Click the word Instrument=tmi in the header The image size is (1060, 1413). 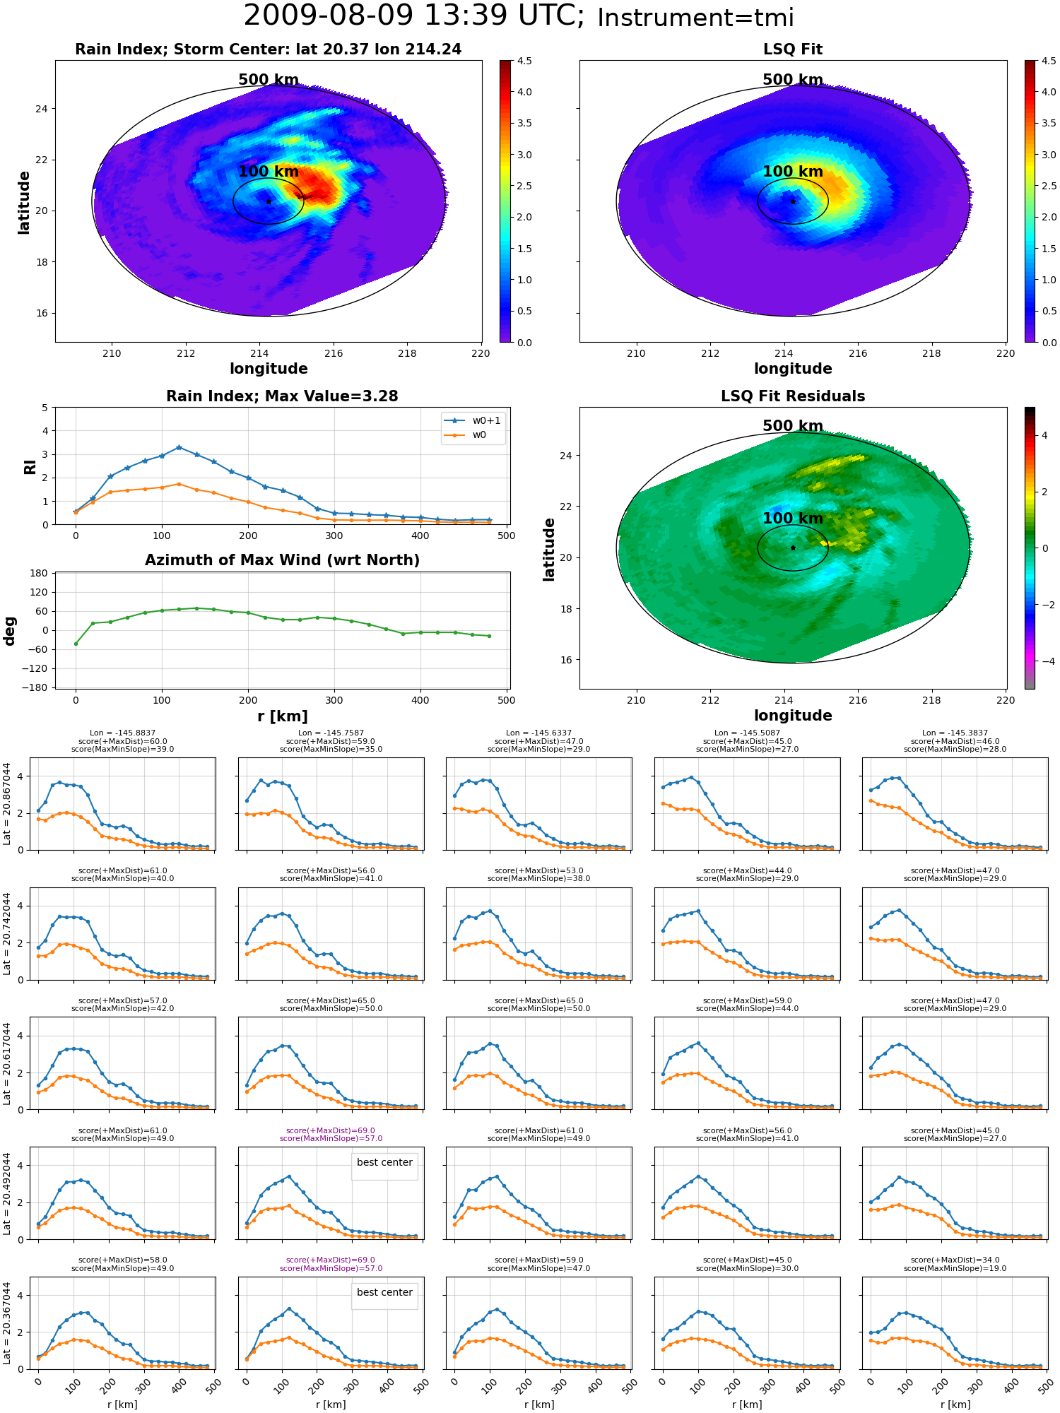point(695,18)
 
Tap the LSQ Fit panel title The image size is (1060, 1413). point(793,49)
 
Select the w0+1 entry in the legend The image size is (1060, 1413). point(472,420)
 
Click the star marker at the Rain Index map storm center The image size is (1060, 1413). point(269,201)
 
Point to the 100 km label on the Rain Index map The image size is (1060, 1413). point(269,172)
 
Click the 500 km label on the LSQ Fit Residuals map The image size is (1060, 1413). point(793,426)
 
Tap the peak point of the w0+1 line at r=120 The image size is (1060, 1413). point(179,447)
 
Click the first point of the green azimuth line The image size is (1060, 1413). point(76,644)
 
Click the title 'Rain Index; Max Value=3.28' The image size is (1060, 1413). point(282,396)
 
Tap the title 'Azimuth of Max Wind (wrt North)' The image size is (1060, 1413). point(282,560)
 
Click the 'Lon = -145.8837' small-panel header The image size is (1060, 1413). point(122,733)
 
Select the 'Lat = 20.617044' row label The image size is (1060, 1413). point(7,1063)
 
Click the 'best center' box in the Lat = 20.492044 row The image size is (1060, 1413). point(384,1162)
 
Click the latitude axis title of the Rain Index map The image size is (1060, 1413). point(24,202)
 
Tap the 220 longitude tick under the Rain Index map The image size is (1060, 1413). point(481,353)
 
